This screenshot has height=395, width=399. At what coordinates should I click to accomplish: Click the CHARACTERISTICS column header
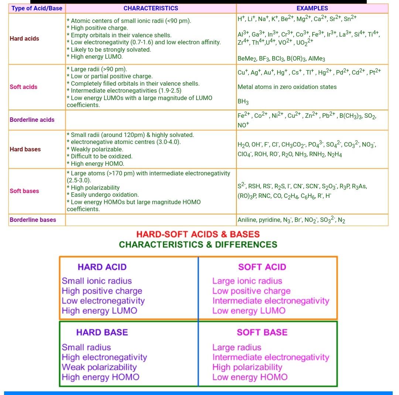(x=151, y=8)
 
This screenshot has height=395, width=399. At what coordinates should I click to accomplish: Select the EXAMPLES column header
(x=312, y=8)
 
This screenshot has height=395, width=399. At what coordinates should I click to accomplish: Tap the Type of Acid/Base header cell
(x=37, y=8)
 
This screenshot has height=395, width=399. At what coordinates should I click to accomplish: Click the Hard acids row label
(x=24, y=38)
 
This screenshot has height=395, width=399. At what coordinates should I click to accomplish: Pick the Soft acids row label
(x=24, y=87)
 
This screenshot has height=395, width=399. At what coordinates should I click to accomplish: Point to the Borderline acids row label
(x=32, y=120)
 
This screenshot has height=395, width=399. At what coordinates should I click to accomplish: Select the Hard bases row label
(x=25, y=149)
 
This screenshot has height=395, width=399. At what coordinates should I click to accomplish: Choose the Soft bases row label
(x=24, y=191)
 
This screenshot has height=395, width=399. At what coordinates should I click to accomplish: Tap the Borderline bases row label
(x=33, y=220)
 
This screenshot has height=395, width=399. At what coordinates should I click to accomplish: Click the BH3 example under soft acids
(x=243, y=102)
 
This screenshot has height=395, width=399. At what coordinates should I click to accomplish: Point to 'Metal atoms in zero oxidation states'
(x=287, y=87)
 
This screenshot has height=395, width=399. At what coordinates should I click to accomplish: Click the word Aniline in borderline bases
(x=248, y=220)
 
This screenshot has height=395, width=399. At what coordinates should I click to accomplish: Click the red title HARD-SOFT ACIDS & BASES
(x=198, y=234)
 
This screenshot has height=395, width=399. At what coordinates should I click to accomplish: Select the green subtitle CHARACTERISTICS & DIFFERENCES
(x=198, y=245)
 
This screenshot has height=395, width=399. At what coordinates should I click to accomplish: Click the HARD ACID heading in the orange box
(x=102, y=267)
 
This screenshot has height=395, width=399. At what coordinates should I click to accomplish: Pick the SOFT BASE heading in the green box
(x=262, y=332)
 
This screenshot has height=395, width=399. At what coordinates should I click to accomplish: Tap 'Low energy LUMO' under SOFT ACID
(x=249, y=311)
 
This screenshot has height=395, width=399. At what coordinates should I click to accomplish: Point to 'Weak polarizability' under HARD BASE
(x=99, y=367)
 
